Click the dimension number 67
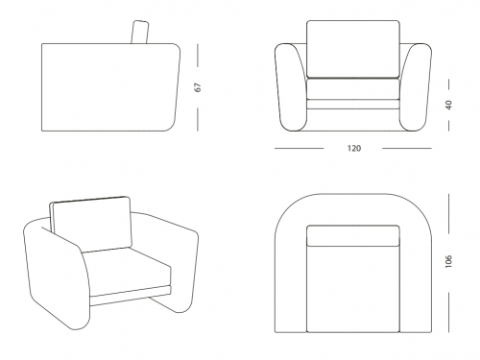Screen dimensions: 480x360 (x=198, y=87)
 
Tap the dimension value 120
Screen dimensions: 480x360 (x=354, y=149)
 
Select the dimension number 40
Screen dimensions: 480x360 (x=449, y=105)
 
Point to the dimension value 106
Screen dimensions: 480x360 (x=449, y=261)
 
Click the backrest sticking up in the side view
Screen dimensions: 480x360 (x=140, y=32)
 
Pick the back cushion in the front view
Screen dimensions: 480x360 (x=353, y=49)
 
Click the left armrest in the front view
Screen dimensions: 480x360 (x=291, y=87)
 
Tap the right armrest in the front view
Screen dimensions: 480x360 (x=416, y=87)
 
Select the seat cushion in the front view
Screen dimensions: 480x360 (x=353, y=89)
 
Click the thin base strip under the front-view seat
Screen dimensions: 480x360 (x=353, y=105)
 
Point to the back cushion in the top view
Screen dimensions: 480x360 (x=353, y=236)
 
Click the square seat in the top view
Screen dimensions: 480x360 (x=353, y=289)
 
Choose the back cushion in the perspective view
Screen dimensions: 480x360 (x=92, y=224)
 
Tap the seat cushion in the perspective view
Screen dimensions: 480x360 (x=127, y=272)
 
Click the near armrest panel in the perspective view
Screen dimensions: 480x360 (x=56, y=276)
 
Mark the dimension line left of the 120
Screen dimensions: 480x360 (x=299, y=149)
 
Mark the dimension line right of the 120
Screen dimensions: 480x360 (x=407, y=149)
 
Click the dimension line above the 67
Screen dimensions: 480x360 (x=198, y=56)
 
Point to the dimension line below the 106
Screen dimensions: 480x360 (x=449, y=312)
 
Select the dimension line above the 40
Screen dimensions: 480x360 (x=449, y=84)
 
